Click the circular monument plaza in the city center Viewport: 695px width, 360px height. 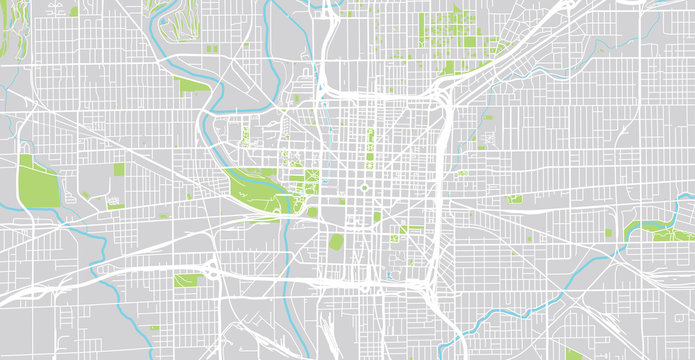365,187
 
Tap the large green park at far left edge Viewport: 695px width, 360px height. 38,185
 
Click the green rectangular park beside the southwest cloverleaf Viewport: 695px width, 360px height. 186,281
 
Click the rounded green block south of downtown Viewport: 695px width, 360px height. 336,242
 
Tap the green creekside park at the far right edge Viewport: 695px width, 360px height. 655,232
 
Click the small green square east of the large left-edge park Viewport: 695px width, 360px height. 119,170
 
